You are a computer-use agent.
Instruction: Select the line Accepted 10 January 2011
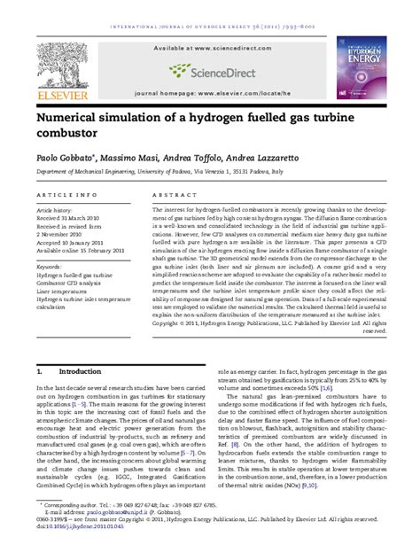point(77,243)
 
